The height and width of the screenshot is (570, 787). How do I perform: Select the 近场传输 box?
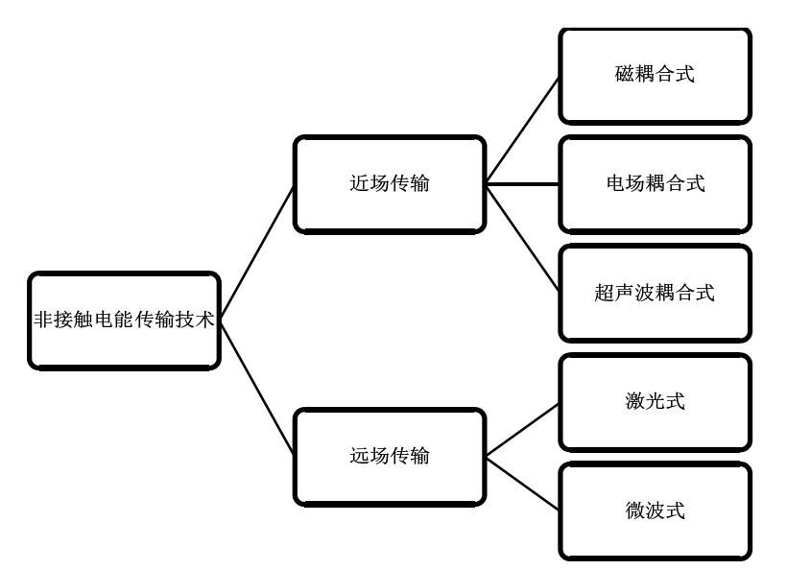[389, 184]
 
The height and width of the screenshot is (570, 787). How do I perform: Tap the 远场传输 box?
[389, 456]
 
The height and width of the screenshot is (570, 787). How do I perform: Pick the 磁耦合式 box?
[655, 75]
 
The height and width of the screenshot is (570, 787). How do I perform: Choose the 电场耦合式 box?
[655, 184]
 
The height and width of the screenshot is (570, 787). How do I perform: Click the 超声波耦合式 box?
[655, 293]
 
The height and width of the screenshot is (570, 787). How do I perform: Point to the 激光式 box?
[655, 401]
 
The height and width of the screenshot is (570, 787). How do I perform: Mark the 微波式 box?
[655, 511]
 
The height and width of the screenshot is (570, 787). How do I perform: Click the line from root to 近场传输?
[257, 253]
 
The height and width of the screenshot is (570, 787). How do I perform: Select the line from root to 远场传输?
[257, 389]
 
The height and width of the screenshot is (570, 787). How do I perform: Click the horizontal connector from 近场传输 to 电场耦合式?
[522, 184]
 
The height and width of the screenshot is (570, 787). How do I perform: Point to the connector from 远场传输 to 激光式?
[522, 428]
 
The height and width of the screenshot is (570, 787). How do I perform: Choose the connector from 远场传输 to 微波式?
[522, 483]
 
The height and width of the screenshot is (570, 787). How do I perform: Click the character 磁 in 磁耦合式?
[624, 75]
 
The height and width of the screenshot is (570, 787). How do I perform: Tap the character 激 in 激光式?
[633, 401]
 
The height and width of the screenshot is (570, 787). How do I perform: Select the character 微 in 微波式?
[633, 511]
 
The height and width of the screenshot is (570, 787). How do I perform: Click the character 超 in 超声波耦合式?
[605, 293]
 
